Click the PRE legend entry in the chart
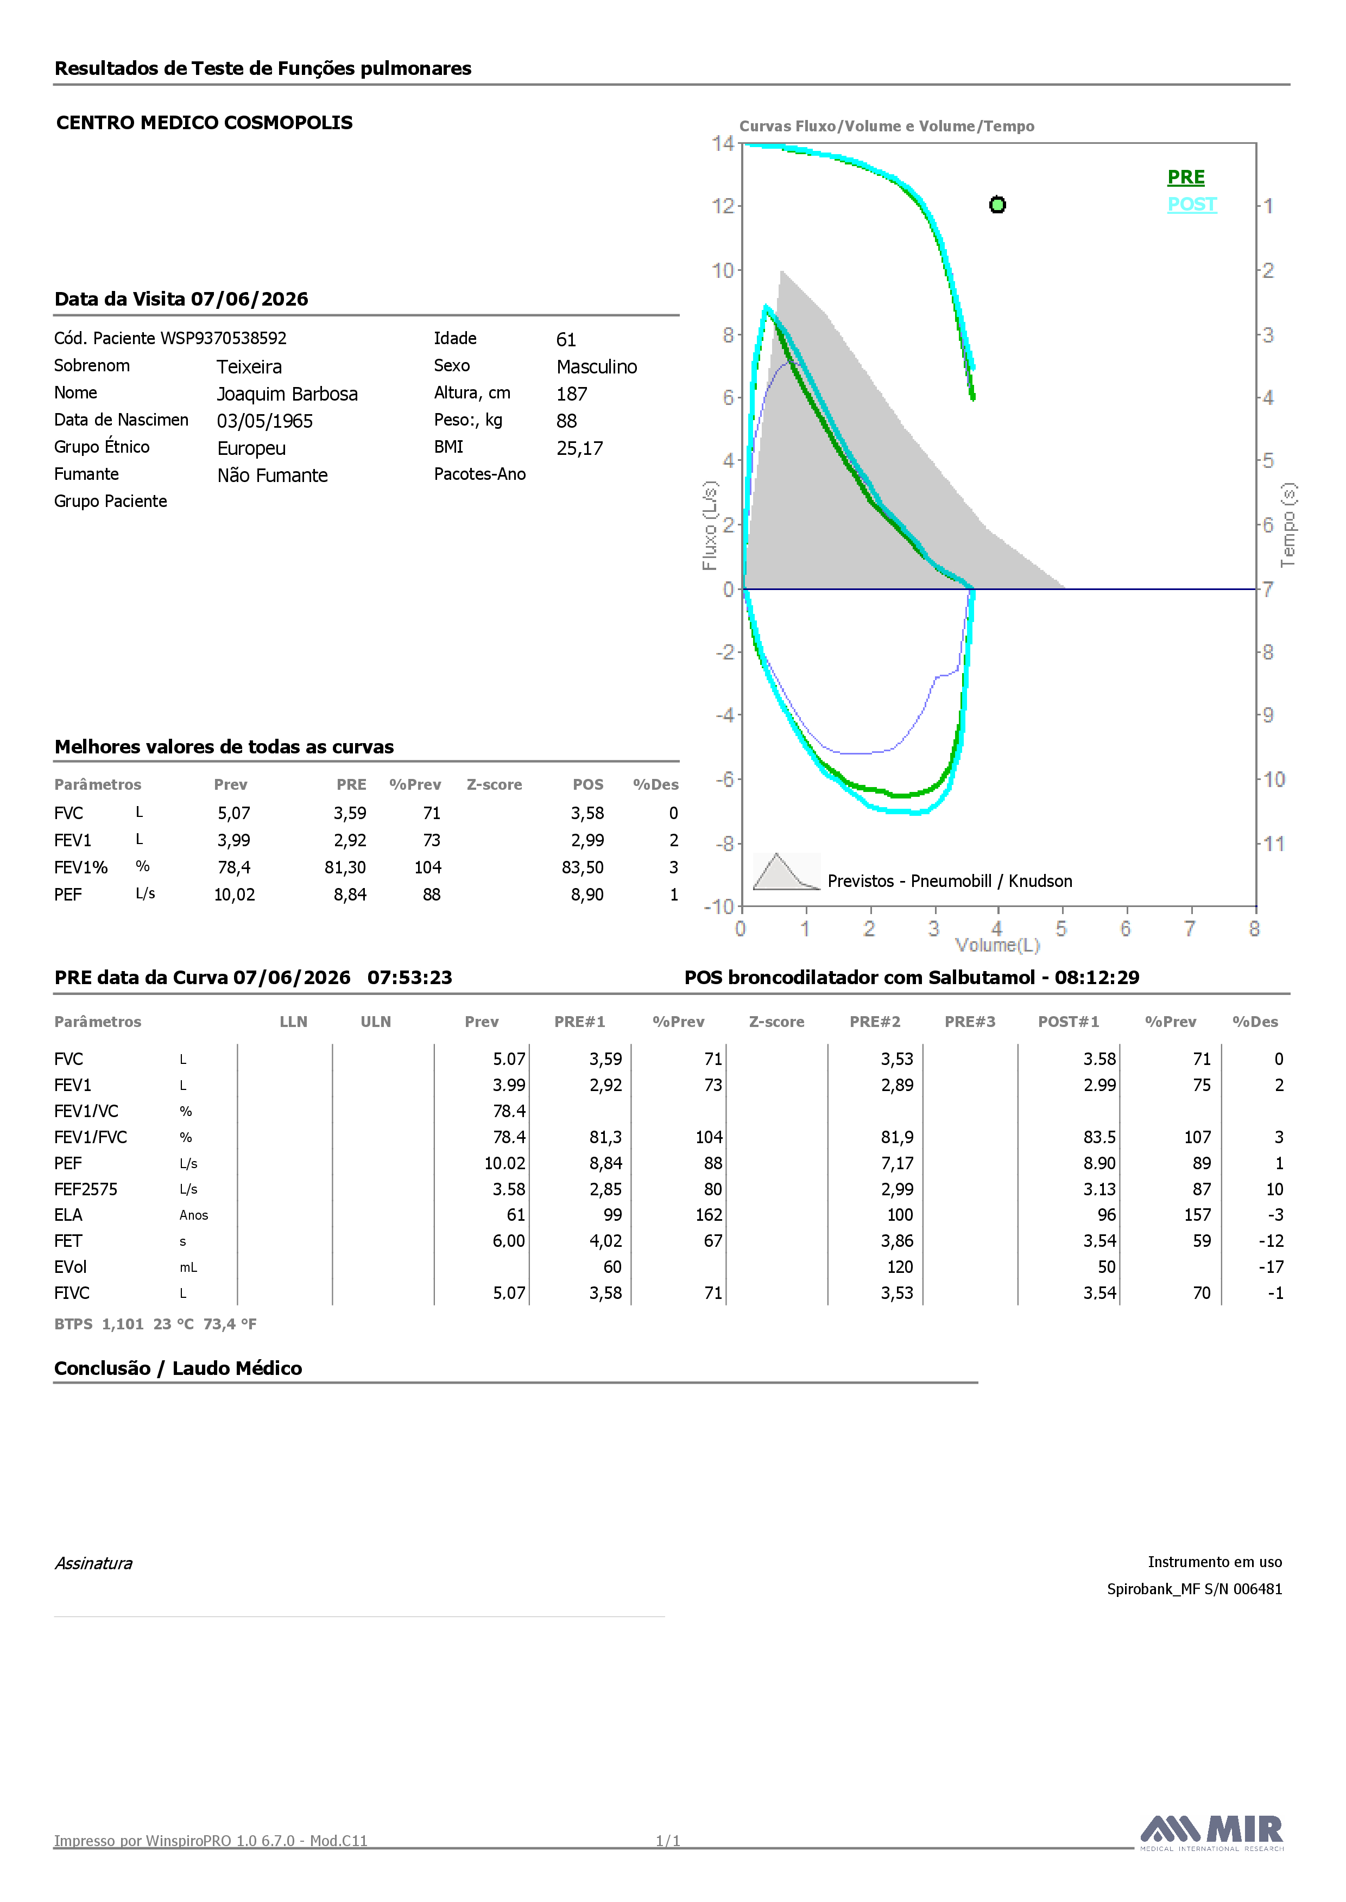click(x=1186, y=177)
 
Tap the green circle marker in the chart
click(x=998, y=205)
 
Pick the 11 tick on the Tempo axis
click(x=1274, y=844)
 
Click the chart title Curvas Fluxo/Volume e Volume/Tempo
click(x=887, y=126)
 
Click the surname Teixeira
click(x=249, y=367)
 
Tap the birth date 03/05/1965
click(x=265, y=421)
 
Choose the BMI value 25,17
click(x=580, y=448)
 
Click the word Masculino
click(x=597, y=367)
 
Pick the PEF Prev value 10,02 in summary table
click(x=235, y=895)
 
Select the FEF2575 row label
click(x=86, y=1190)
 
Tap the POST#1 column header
click(x=1069, y=1022)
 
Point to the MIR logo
click(x=1212, y=1831)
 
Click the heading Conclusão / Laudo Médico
click(x=178, y=1368)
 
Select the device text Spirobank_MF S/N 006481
click(x=1195, y=1589)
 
